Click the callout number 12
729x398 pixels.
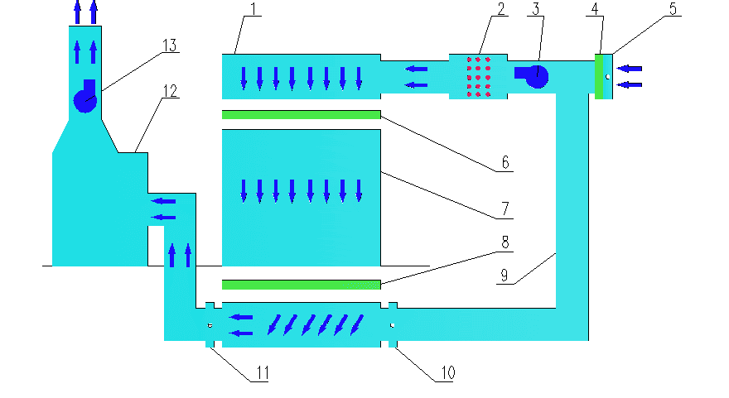pyautogui.click(x=169, y=92)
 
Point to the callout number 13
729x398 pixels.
pyautogui.click(x=169, y=46)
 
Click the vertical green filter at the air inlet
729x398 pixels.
pyautogui.click(x=599, y=76)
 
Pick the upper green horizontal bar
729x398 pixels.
pyautogui.click(x=301, y=114)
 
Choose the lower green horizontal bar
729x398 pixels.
pyautogui.click(x=301, y=285)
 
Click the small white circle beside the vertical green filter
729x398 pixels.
pyautogui.click(x=607, y=77)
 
